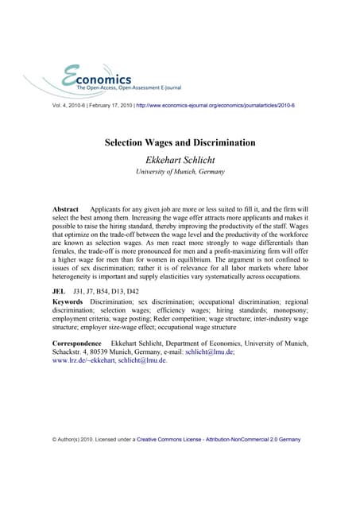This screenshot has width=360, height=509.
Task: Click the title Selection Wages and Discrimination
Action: pyautogui.click(x=180, y=143)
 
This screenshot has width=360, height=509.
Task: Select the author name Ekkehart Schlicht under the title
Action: pyautogui.click(x=180, y=159)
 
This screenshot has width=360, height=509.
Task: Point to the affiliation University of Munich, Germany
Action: pyautogui.click(x=180, y=172)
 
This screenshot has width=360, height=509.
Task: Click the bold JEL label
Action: pyautogui.click(x=57, y=293)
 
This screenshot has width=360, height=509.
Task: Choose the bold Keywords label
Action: pyautogui.click(x=68, y=304)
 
